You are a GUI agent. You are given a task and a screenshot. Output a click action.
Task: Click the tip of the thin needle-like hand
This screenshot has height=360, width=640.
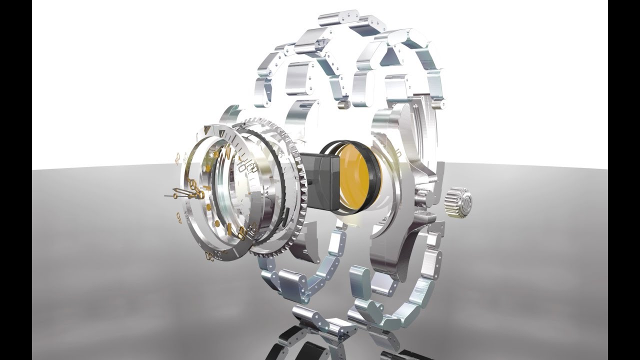pyautogui.click(x=166, y=196)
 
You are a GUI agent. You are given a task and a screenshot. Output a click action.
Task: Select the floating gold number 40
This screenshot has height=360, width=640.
pyautogui.click(x=179, y=216)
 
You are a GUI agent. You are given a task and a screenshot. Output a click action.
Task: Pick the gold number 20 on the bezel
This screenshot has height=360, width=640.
pyautogui.click(x=242, y=231)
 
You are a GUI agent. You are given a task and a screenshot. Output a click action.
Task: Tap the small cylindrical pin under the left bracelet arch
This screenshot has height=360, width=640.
pyautogui.click(x=343, y=105)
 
